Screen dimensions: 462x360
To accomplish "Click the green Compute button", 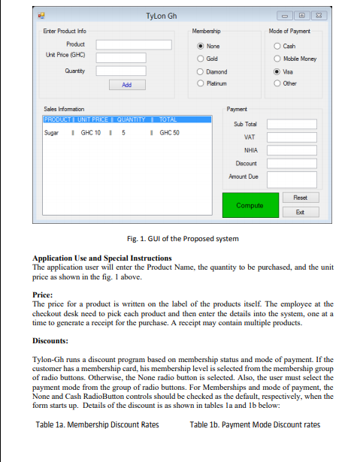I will tap(249, 205).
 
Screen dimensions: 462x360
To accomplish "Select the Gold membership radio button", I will tap(201, 59).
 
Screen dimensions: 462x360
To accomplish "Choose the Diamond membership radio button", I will tap(201, 71).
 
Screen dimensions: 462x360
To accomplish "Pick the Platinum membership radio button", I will tap(201, 84).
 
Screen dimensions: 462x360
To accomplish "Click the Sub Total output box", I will tap(288, 124).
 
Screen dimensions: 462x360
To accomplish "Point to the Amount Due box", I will tap(288, 177).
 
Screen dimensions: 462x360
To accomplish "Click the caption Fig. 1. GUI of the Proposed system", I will tap(183, 239).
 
